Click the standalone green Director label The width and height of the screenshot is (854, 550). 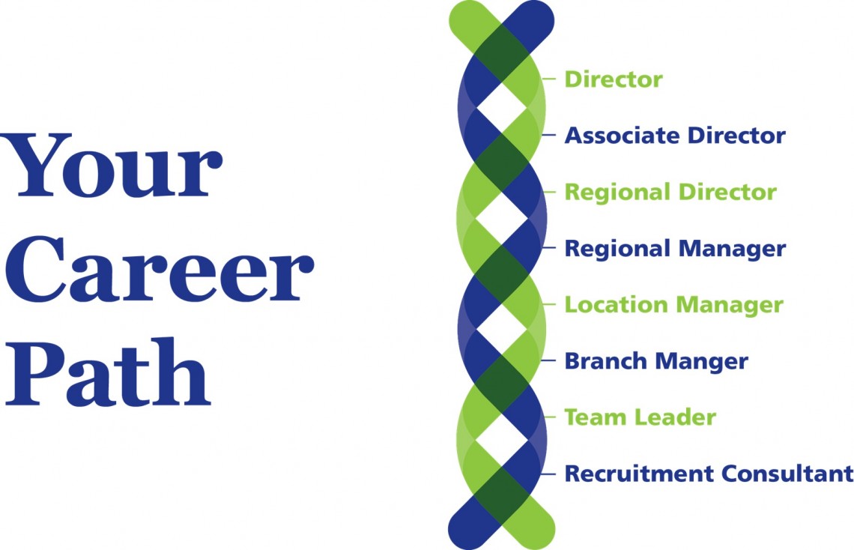click(613, 79)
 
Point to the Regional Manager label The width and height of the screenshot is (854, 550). click(674, 249)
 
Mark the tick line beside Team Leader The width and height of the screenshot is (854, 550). click(552, 417)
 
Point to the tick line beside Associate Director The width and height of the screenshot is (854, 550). click(552, 136)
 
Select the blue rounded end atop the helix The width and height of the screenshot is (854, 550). click(538, 19)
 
